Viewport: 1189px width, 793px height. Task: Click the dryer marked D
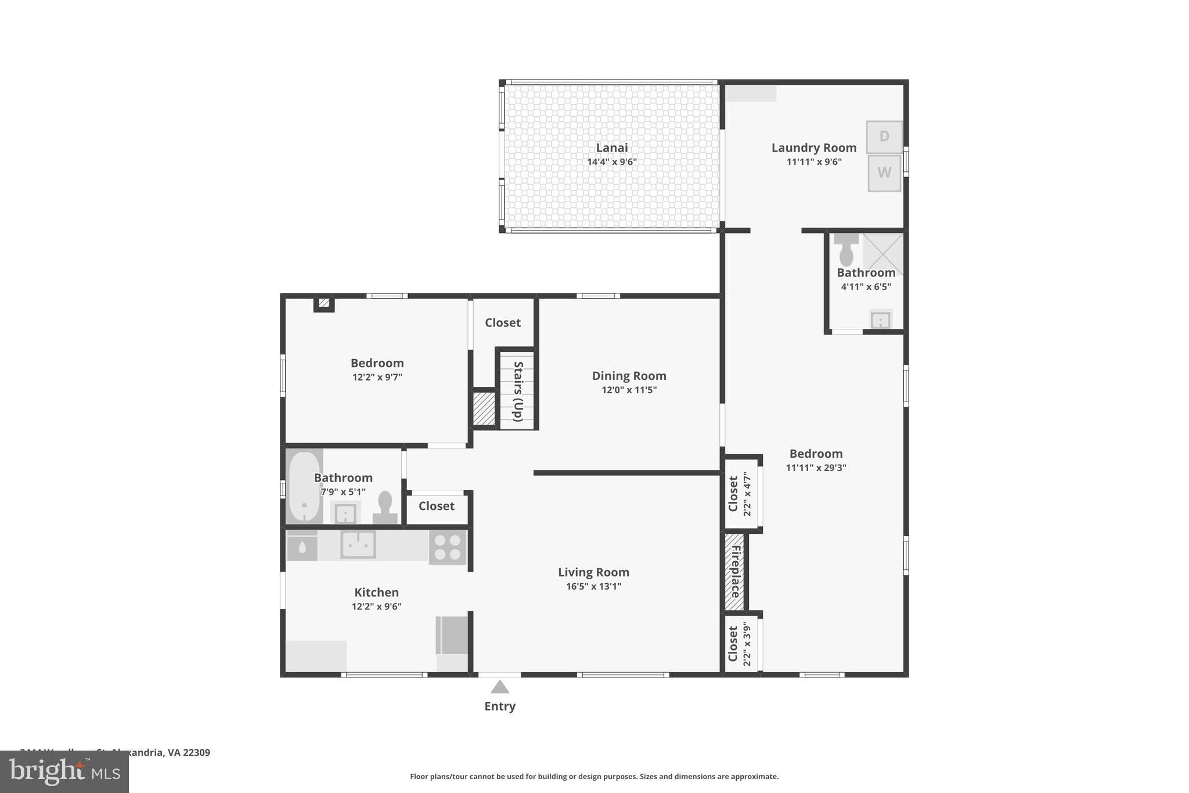[884, 137]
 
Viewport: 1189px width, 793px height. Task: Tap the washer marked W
[884, 173]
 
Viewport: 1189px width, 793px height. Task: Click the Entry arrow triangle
[500, 687]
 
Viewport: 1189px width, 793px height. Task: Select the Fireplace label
[735, 572]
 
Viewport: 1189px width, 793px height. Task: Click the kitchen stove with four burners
[448, 547]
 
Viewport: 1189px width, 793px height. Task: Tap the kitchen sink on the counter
[358, 544]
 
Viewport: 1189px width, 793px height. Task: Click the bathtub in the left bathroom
[304, 486]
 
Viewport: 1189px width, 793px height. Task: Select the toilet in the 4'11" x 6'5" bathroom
[846, 250]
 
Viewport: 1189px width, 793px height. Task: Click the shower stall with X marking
[883, 253]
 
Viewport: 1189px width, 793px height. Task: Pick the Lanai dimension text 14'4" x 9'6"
[612, 162]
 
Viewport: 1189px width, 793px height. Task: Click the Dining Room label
[629, 376]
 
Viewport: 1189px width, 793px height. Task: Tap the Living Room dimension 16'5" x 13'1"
[593, 586]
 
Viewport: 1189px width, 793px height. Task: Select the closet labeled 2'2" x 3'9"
[740, 644]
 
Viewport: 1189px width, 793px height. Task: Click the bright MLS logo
[64, 772]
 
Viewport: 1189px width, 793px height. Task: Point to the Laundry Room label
[813, 148]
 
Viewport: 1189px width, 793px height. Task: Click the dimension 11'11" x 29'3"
[816, 468]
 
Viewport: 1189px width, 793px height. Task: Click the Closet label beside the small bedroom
[502, 322]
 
